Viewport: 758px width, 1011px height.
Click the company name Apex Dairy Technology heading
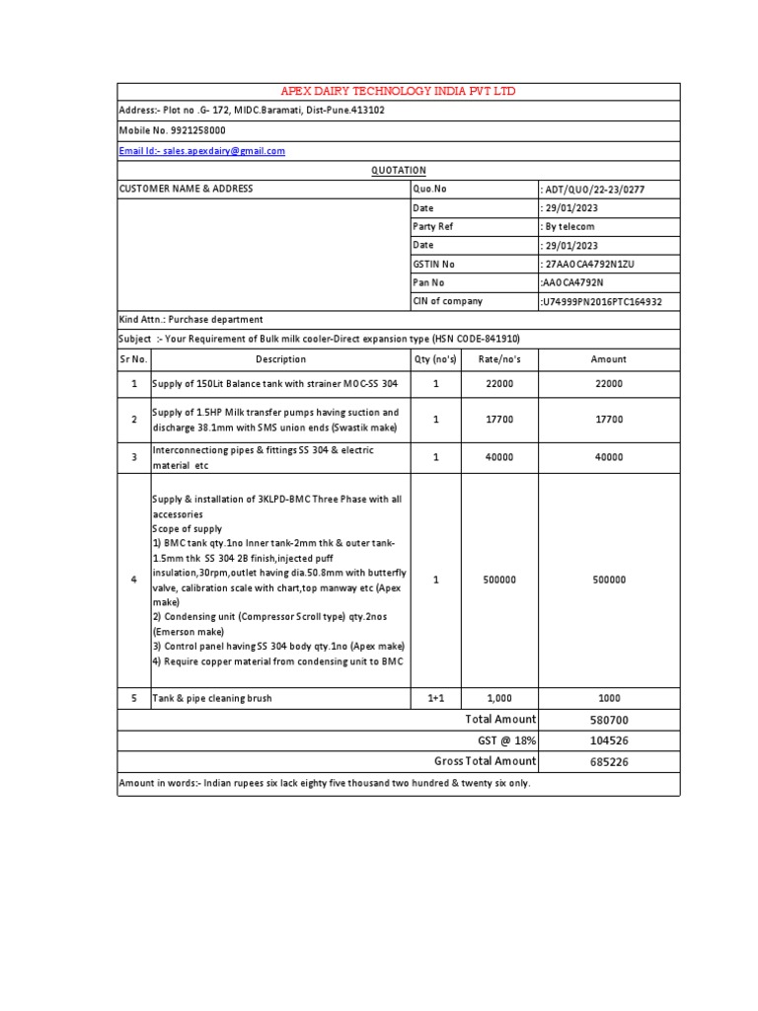coord(399,92)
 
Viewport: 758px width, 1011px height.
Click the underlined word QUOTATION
coord(399,171)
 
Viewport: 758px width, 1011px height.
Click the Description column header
coord(280,359)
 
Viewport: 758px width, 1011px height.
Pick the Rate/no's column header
coord(499,359)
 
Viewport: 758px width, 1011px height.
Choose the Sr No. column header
coord(133,359)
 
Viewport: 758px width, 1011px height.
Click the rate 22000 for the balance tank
coord(499,384)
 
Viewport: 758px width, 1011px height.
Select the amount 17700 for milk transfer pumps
coord(609,420)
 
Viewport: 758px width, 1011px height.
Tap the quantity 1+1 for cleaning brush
coord(435,698)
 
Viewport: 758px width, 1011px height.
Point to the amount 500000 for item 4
coord(609,580)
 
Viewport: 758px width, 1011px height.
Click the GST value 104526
coord(609,740)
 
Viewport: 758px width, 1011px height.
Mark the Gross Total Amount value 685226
coord(609,761)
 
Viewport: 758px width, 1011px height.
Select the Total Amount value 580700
coord(609,720)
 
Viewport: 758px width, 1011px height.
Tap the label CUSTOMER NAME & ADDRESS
coord(187,190)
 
